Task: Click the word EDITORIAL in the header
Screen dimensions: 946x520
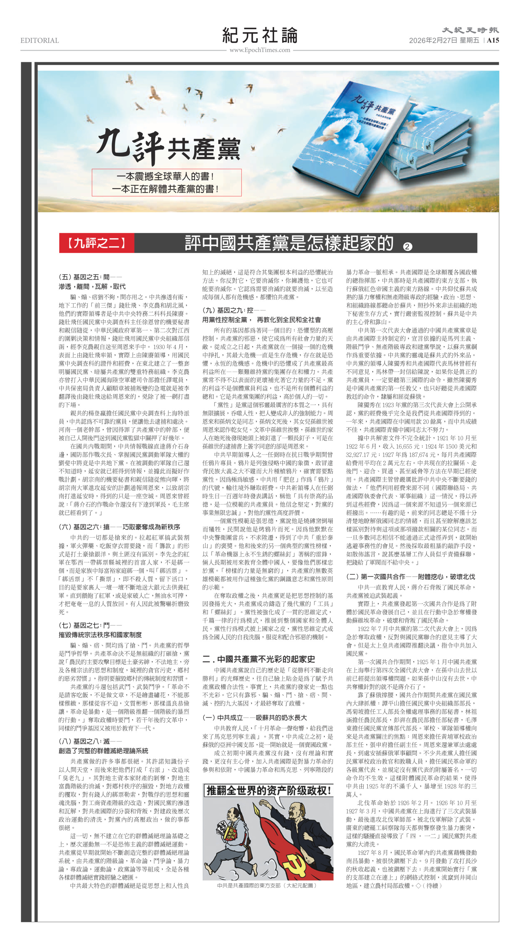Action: coord(39,40)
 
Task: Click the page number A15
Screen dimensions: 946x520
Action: coord(493,40)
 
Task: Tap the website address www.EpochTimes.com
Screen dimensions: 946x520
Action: coord(260,50)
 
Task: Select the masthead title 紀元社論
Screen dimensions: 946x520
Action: coord(260,35)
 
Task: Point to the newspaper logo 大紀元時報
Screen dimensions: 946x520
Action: coord(470,30)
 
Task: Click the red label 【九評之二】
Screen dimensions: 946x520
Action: coord(97,243)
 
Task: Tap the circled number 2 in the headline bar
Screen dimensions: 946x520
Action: coord(407,247)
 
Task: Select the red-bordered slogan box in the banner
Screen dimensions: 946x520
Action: coord(166,183)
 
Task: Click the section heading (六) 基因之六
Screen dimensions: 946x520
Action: coord(119,527)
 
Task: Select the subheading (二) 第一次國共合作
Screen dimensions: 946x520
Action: coord(410,577)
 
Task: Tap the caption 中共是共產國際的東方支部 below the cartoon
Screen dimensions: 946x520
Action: coord(267,885)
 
